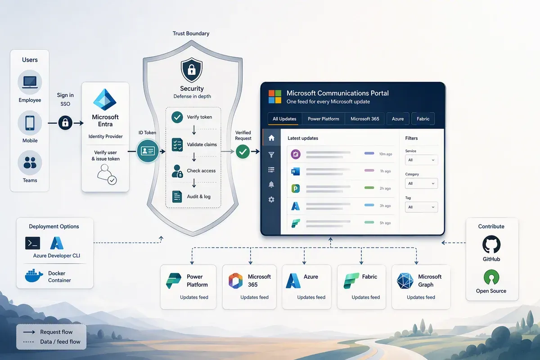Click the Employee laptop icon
point(30,82)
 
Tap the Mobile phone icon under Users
point(30,123)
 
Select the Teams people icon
point(30,163)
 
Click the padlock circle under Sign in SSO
point(65,123)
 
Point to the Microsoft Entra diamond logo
point(105,99)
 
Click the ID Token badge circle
point(148,151)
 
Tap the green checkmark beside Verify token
point(177,117)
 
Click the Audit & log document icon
point(177,197)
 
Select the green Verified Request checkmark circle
point(243,152)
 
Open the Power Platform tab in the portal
point(323,119)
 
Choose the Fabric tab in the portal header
point(423,119)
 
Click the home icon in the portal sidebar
point(271,138)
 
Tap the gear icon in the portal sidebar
point(271,200)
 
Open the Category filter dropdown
point(421,184)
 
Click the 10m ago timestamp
point(386,154)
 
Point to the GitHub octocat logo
point(491,245)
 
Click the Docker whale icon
point(34,275)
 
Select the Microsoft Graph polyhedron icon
point(405,281)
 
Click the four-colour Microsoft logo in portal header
point(275,97)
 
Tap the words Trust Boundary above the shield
point(191,33)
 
